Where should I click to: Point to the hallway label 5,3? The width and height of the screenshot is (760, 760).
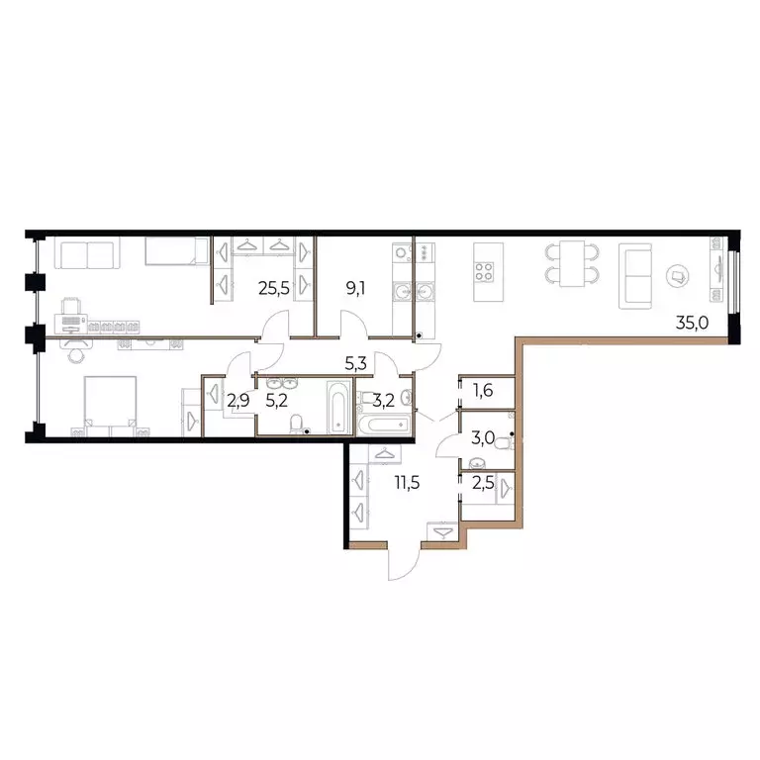pos(357,362)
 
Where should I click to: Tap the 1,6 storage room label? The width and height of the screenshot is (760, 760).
pos(482,390)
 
